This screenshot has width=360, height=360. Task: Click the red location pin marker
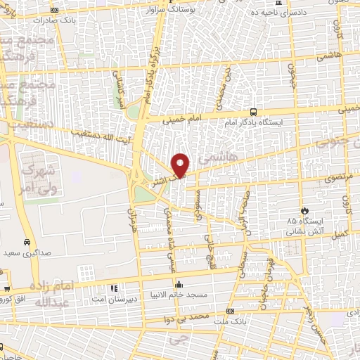[x=181, y=164]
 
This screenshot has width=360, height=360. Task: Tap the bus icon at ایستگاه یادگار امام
[x=253, y=111]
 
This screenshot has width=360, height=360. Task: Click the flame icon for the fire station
[x=304, y=210]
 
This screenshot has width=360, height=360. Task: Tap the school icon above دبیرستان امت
[x=114, y=288]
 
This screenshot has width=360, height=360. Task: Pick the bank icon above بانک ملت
[x=229, y=311]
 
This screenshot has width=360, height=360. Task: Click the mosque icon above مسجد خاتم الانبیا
[x=179, y=285]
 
